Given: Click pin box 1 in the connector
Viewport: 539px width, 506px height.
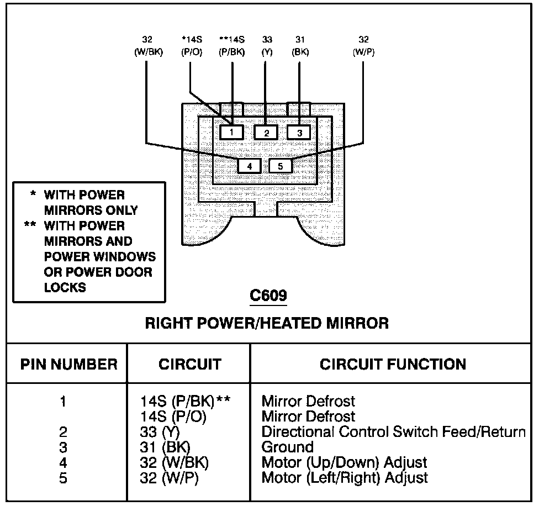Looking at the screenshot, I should pos(232,132).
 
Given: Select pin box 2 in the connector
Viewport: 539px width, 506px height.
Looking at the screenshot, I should pos(266,132).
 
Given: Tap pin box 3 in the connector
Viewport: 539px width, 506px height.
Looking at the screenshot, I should pos(299,132).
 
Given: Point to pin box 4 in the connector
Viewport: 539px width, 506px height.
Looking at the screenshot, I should pos(250,165).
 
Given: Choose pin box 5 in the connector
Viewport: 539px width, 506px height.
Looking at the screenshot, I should pos(280,165).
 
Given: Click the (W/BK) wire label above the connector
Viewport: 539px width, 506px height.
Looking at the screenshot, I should pos(147,52).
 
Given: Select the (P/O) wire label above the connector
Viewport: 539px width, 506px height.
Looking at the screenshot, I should pos(191,52).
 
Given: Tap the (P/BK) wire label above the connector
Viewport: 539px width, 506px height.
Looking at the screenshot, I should pos(232,52).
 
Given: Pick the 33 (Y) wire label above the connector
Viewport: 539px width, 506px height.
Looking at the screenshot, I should pos(267,46).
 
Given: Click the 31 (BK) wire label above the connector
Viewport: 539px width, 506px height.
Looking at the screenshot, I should pos(300,46).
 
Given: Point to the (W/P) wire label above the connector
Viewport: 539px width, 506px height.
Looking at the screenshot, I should pos(363,52).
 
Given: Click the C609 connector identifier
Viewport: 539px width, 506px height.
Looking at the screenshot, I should pos(268,295).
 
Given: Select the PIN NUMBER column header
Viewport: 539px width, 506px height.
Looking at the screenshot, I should pos(68,365).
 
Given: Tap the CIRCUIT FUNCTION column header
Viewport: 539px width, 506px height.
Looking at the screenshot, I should pos(393,365).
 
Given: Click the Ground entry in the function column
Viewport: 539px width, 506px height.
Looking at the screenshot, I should pos(287,447).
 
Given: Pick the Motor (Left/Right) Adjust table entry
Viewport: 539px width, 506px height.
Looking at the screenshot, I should pos(345,478).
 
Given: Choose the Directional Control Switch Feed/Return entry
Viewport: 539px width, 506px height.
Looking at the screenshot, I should pos(393,431).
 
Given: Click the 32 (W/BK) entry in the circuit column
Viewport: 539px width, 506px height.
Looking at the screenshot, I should pos(175,462).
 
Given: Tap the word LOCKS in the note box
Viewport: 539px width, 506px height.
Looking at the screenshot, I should pos(65,287).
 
